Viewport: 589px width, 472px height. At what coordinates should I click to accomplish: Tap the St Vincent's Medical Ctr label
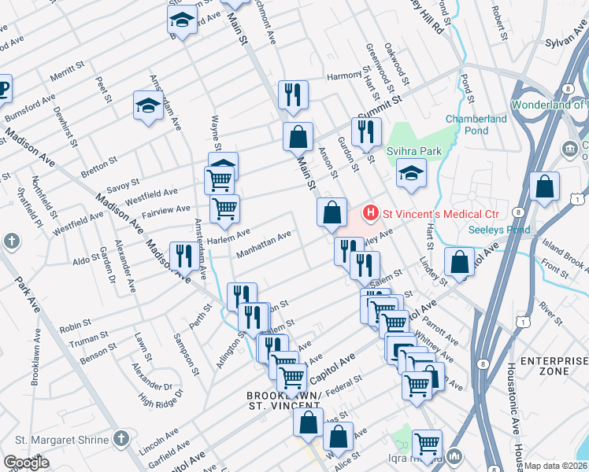[x=431, y=212]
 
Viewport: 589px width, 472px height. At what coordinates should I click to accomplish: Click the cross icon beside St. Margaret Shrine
[x=120, y=437]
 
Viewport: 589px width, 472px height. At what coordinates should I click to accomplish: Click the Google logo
[x=26, y=463]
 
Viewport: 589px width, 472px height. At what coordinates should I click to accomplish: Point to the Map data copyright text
[x=556, y=466]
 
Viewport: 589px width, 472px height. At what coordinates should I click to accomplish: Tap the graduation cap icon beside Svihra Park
[x=411, y=171]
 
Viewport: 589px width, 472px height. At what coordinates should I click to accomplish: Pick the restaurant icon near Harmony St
[x=292, y=94]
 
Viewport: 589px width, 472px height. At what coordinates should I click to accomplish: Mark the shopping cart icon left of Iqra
[x=427, y=444]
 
